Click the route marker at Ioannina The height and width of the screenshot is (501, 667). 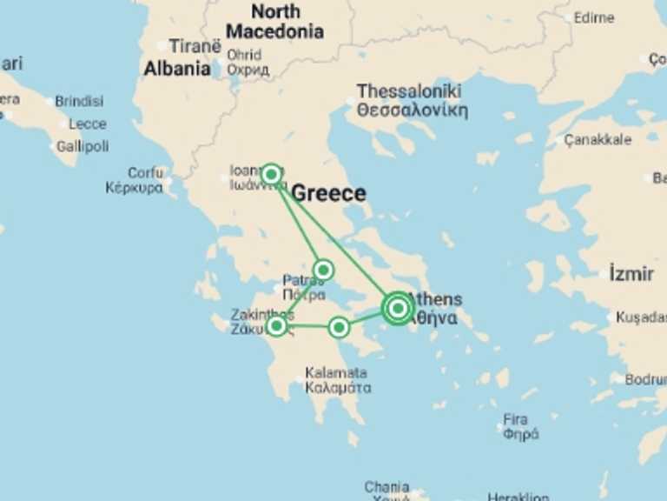(271, 175)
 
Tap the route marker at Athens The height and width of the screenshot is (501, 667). (397, 308)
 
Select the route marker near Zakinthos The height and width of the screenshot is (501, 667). (276, 326)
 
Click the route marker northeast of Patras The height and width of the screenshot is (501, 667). (323, 270)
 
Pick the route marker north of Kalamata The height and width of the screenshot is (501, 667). (339, 327)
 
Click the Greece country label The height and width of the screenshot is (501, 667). (328, 194)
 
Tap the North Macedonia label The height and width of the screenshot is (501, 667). (274, 22)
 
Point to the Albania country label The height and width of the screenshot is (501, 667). (177, 69)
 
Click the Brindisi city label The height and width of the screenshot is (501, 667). (79, 101)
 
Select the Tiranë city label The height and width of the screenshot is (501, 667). (195, 46)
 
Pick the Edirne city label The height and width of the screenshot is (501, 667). (594, 17)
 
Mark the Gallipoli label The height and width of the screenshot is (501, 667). (83, 146)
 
